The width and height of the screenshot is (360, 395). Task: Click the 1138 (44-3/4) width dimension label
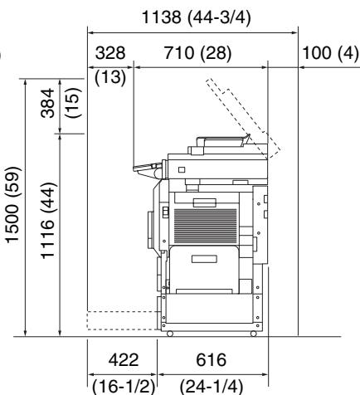(197, 17)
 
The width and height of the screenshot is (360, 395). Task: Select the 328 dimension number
(110, 52)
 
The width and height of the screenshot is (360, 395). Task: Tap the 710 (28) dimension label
(197, 52)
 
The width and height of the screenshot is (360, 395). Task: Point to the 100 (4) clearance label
(330, 52)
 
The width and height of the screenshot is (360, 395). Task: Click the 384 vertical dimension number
(47, 103)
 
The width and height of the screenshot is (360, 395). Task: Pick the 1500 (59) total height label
(12, 205)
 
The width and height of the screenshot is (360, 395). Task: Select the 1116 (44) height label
(48, 221)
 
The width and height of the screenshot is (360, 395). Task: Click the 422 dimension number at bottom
(124, 359)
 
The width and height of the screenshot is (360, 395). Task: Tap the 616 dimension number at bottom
(211, 359)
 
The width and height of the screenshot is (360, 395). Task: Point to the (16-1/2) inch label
(124, 387)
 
